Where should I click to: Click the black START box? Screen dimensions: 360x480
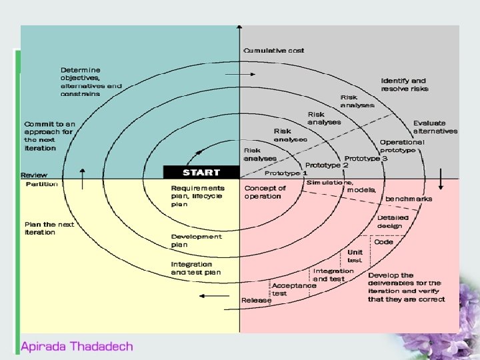click(201, 172)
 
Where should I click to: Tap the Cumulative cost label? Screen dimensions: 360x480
click(274, 51)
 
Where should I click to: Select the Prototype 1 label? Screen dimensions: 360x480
click(286, 173)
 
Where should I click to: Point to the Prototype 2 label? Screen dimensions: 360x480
click(327, 165)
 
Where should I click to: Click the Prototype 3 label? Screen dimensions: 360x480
click(366, 159)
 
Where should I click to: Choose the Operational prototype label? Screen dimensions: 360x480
click(401, 146)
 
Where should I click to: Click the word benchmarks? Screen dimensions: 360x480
click(408, 199)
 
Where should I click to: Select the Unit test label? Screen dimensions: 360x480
click(355, 257)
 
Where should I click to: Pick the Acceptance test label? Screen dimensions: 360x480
click(293, 289)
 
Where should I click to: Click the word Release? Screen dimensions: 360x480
click(257, 301)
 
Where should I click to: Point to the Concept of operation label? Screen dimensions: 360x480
click(265, 192)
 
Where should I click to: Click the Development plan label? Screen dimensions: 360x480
click(196, 241)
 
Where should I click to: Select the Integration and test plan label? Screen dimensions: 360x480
click(195, 268)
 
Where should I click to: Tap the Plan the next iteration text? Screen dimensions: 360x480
click(49, 228)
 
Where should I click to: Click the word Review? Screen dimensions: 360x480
click(34, 175)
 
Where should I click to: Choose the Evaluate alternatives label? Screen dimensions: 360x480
click(435, 127)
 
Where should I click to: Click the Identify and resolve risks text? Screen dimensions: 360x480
click(405, 85)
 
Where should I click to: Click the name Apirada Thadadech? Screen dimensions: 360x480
click(77, 346)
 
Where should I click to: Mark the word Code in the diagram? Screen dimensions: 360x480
click(383, 242)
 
